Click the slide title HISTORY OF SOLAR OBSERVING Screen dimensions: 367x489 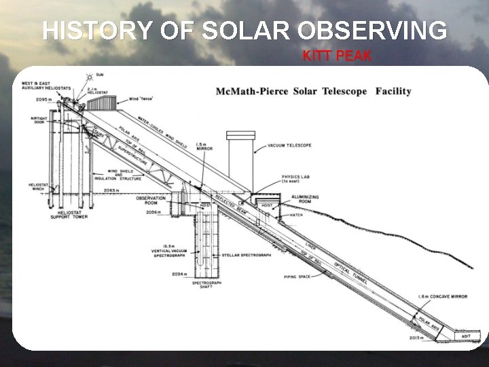(245, 31)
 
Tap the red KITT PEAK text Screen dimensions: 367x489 (337, 56)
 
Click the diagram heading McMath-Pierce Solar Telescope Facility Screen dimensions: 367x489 (313, 91)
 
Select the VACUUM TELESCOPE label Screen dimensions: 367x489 (291, 145)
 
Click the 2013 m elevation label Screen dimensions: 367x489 (417, 336)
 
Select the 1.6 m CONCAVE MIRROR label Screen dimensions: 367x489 (443, 297)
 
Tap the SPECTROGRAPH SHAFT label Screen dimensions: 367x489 (202, 284)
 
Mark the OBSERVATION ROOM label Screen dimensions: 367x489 (150, 201)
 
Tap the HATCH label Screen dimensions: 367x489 (297, 214)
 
